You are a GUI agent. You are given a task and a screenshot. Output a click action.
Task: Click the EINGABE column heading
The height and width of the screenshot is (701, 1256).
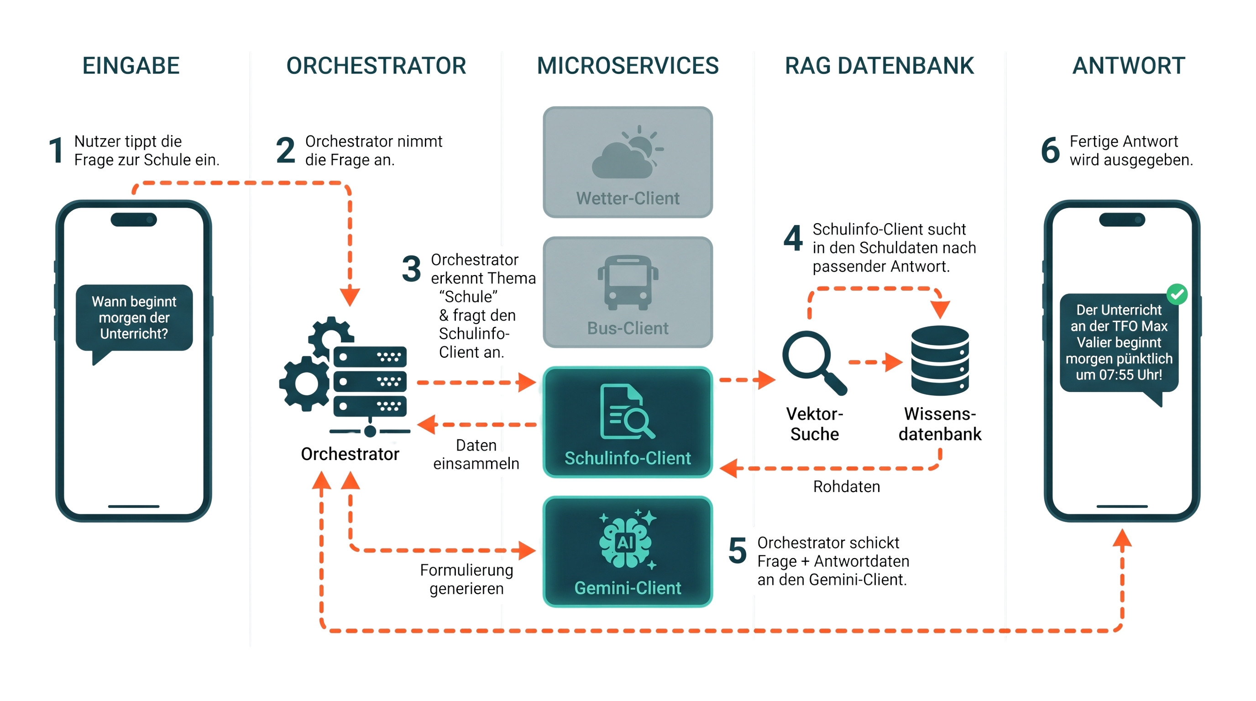click(x=131, y=66)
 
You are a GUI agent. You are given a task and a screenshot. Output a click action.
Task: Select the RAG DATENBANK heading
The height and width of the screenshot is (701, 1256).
click(x=879, y=66)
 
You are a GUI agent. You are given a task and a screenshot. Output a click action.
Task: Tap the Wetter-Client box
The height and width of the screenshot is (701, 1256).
click(x=628, y=162)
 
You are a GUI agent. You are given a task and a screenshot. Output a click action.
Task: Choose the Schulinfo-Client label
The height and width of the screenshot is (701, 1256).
click(x=628, y=458)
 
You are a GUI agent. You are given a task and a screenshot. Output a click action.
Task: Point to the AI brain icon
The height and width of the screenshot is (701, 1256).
click(x=628, y=539)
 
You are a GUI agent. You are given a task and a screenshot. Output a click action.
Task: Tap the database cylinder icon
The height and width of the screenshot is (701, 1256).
click(x=940, y=360)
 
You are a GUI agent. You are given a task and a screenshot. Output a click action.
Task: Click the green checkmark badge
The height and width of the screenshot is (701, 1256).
click(x=1177, y=294)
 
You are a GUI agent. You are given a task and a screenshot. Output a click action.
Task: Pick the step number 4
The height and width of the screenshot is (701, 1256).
click(x=793, y=238)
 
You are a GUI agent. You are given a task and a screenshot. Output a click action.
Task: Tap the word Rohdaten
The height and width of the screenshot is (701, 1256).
click(x=847, y=487)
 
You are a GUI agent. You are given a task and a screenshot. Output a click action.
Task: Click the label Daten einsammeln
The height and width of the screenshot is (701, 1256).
click(x=476, y=455)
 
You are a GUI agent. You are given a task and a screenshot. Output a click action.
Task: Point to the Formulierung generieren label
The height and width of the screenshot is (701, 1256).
click(x=466, y=579)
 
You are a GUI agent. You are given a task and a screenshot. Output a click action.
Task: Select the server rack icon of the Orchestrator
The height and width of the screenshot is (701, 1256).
click(x=370, y=381)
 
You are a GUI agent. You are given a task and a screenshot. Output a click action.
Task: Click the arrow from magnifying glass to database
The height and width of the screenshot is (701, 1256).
click(x=876, y=362)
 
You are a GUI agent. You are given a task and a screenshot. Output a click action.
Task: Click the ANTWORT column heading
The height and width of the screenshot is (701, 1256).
click(x=1129, y=66)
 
